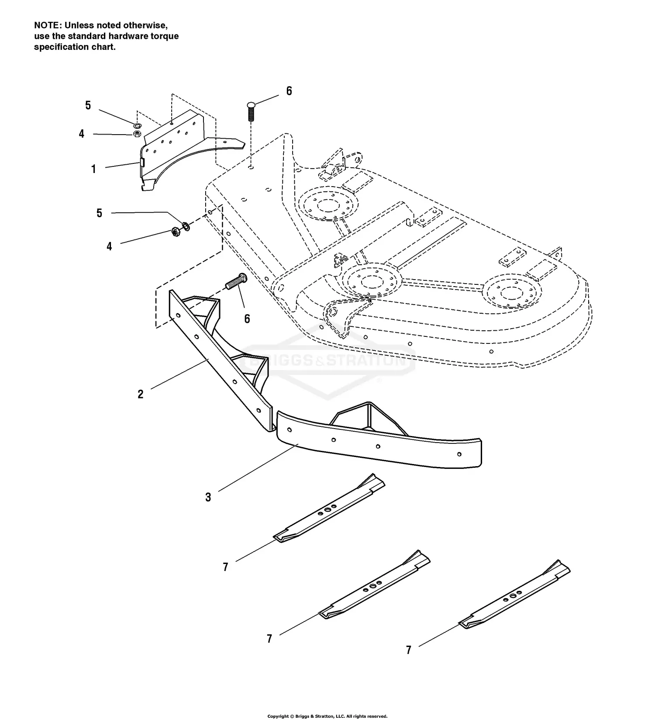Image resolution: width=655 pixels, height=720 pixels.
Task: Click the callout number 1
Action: click(93, 169)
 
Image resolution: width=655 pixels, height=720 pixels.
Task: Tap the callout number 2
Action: click(140, 394)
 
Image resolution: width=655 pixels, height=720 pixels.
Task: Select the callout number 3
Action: click(208, 497)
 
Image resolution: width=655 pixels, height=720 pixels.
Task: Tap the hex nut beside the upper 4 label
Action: click(136, 134)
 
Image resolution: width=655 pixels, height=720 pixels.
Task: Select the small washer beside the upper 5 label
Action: click(137, 126)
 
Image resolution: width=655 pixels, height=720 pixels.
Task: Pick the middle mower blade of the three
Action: click(375, 585)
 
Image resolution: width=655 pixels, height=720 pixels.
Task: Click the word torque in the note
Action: click(165, 36)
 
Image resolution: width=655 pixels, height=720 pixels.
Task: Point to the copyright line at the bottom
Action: click(327, 716)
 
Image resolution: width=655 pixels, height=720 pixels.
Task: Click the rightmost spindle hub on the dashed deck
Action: click(512, 290)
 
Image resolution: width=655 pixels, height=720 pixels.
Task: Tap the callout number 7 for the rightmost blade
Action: click(408, 650)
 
